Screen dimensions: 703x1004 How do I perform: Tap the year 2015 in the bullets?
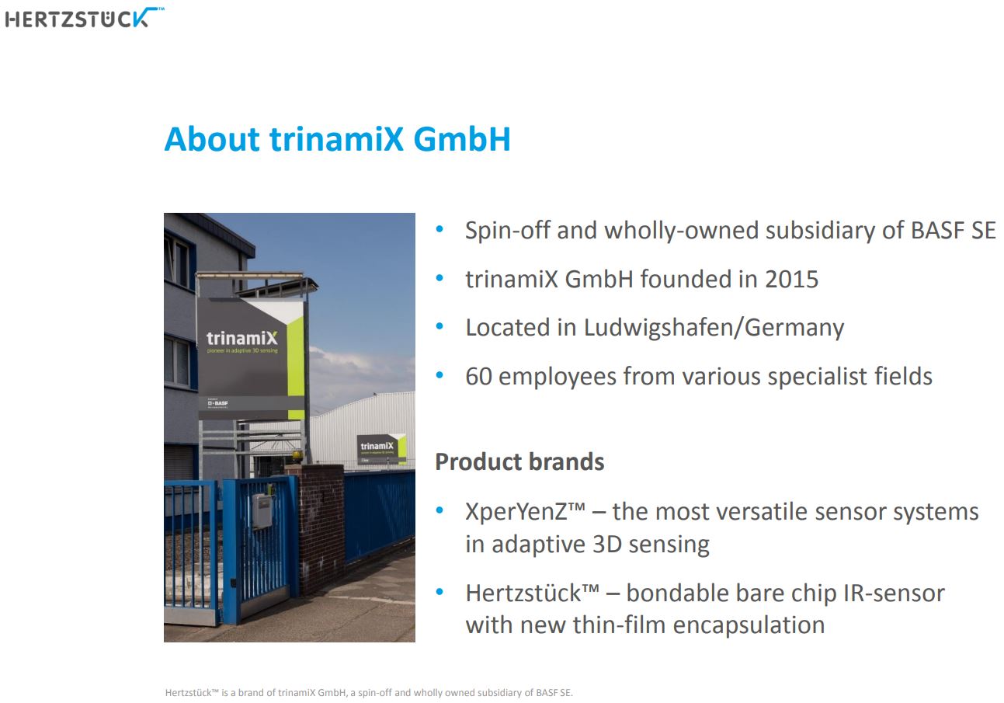[791, 280]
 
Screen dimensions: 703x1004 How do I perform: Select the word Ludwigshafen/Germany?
[714, 328]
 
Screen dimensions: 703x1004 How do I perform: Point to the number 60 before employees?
[478, 377]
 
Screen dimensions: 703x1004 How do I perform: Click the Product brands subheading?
[519, 462]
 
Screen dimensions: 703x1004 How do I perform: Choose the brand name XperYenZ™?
[524, 512]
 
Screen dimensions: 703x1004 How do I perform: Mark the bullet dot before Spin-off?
[440, 230]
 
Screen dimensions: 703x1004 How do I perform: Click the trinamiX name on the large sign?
[241, 339]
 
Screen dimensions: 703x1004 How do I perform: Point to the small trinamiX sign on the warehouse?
[379, 447]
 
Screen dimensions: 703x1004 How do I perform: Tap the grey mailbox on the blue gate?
[262, 511]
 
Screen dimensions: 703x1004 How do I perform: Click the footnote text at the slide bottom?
[369, 692]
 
